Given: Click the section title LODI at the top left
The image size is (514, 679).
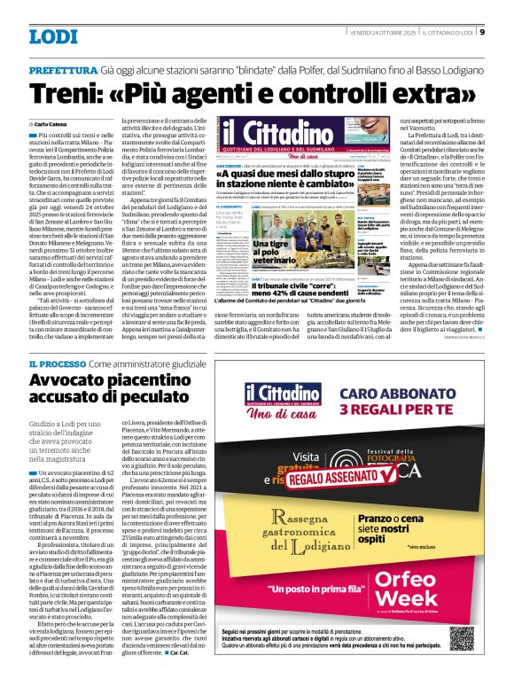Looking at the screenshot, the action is [x=53, y=36].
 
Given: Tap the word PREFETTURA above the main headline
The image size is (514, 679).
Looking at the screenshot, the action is [x=62, y=69].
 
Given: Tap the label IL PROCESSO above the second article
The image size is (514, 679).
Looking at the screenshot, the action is [x=57, y=364].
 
